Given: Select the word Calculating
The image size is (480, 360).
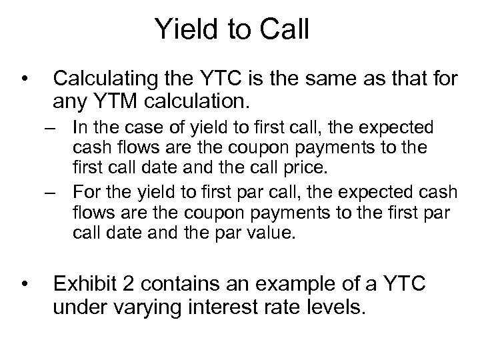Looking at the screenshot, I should (x=112, y=81).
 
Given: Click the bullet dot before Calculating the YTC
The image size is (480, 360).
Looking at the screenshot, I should (x=25, y=81).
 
